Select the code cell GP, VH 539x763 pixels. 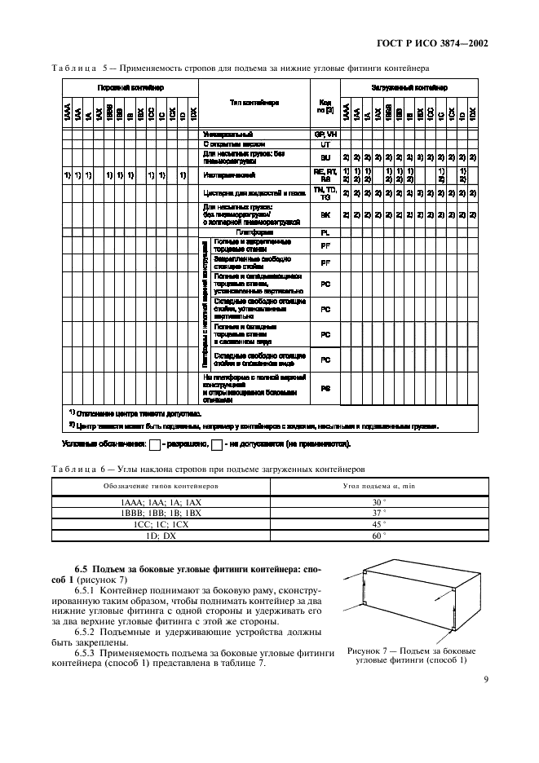click(x=325, y=133)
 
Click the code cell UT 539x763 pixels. click(x=325, y=143)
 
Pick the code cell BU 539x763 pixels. click(x=325, y=157)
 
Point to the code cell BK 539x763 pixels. click(x=325, y=215)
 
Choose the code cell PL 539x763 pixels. click(x=325, y=232)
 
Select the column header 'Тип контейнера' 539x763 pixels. click(x=254, y=103)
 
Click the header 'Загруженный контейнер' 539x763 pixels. click(x=409, y=86)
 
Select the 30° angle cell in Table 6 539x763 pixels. click(x=377, y=502)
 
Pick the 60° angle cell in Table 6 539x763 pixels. click(x=377, y=536)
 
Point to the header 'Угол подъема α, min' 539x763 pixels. click(x=377, y=486)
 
